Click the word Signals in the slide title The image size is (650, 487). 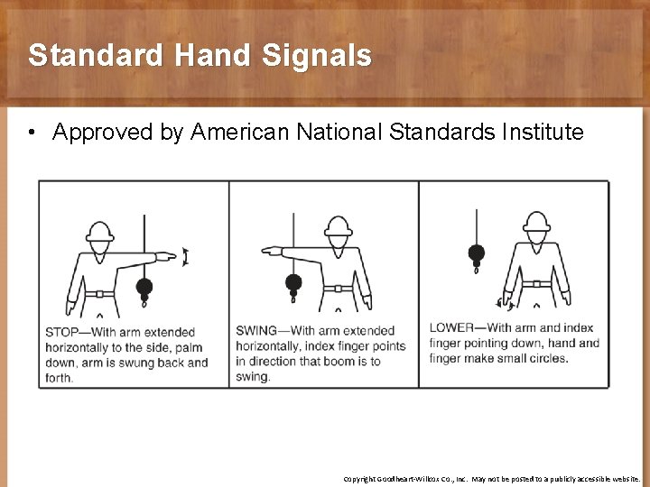(316, 56)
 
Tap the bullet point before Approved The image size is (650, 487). (32, 133)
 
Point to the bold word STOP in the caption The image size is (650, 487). (61, 333)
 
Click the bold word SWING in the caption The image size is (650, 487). (256, 331)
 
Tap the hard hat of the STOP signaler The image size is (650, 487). (99, 231)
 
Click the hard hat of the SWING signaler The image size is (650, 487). (338, 225)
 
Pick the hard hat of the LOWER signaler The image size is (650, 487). (536, 222)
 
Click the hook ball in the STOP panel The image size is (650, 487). (143, 289)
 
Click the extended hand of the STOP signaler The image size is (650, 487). (166, 257)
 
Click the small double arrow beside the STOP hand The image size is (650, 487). (185, 257)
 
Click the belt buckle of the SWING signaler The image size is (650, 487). (338, 289)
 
